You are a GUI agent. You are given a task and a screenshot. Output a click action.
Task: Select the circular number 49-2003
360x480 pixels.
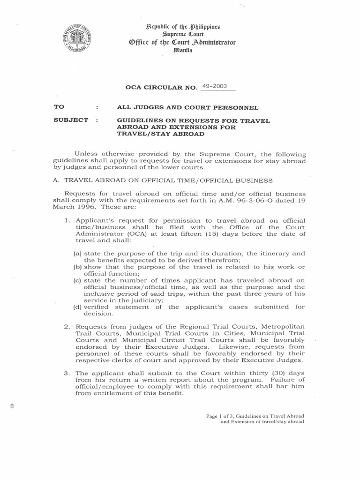(x=214, y=87)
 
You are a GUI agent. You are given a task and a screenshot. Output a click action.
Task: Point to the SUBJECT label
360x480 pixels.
(x=71, y=120)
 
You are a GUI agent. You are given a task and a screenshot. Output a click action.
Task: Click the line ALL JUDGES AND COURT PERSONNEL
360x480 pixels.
(x=188, y=107)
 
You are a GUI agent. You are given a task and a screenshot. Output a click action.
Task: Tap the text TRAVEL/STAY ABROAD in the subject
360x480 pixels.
(x=160, y=134)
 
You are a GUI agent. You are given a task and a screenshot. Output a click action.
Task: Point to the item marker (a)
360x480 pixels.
(x=78, y=254)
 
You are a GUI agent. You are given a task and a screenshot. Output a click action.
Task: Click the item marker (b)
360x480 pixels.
(x=78, y=267)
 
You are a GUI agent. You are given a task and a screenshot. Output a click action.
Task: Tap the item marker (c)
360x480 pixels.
(x=78, y=280)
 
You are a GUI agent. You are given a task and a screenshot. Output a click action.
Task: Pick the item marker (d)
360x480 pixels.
(x=78, y=307)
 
